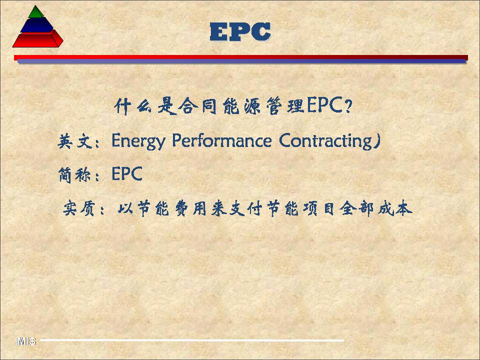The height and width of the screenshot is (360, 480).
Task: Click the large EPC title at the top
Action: point(240,32)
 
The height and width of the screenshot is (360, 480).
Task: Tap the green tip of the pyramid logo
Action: point(36,12)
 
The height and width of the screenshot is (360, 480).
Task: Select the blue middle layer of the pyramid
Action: point(36,25)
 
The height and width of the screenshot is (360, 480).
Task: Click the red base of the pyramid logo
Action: point(37,39)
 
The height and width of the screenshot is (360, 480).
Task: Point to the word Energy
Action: point(138,141)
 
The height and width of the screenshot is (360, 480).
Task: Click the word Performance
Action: point(221,141)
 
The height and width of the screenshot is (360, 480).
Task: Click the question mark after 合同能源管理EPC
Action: point(348,106)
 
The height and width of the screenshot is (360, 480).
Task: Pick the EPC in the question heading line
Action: point(324,105)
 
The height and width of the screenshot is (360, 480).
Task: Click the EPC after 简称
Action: point(127,173)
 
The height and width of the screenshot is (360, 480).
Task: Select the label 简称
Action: point(74,175)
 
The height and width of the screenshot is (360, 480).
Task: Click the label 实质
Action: point(78,209)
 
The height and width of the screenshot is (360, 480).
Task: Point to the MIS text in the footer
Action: point(26,341)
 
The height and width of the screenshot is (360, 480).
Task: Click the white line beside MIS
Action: point(192,340)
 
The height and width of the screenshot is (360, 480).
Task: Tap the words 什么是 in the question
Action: point(145,106)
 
